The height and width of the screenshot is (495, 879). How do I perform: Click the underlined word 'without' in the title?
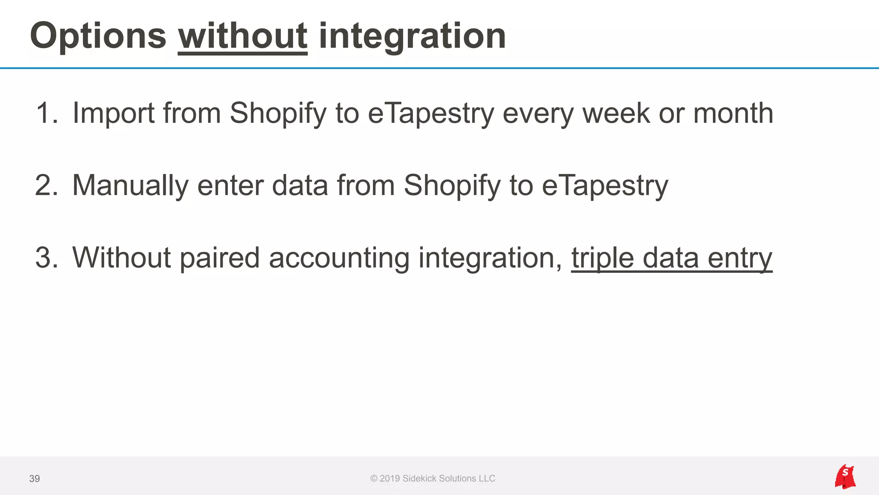(242, 36)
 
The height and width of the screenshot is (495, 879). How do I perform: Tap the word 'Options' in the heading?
(98, 36)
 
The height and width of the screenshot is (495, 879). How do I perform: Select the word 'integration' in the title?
(412, 36)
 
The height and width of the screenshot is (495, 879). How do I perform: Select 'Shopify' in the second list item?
(452, 186)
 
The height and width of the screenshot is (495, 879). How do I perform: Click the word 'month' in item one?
(733, 113)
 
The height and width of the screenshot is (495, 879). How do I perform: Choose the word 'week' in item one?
(616, 113)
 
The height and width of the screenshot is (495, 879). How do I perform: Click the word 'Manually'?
(130, 186)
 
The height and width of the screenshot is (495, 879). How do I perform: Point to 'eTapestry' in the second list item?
(605, 186)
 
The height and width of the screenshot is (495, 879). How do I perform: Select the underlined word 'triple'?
(602, 258)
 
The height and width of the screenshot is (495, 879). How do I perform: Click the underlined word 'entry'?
(740, 258)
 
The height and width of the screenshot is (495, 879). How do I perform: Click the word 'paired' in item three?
(219, 258)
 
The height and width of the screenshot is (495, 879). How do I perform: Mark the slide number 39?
(34, 479)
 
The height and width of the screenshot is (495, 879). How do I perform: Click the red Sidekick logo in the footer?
(845, 477)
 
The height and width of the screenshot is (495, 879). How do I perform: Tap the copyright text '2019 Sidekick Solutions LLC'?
(437, 479)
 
